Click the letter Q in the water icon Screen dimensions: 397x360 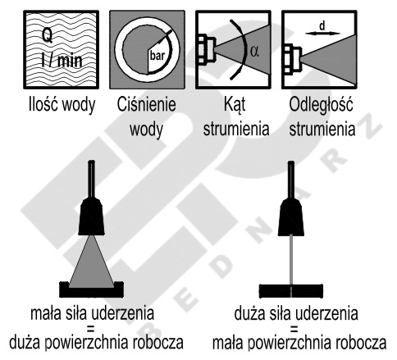click(48, 36)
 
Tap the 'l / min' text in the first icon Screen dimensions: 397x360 click(62, 60)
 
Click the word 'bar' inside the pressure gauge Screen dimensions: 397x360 click(157, 56)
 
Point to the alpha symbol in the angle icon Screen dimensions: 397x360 click(254, 51)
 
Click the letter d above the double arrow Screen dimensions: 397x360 click(322, 26)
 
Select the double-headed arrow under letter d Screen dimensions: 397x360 click(322, 34)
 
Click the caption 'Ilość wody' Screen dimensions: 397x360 click(62, 105)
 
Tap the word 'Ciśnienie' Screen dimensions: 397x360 click(146, 104)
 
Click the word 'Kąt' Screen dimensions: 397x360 click(235, 105)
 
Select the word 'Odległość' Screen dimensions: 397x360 click(321, 105)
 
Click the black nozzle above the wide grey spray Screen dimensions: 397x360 click(91, 216)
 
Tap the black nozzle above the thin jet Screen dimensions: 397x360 click(291, 216)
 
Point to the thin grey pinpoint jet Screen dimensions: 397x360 click(291, 260)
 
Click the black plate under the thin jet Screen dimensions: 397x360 click(291, 291)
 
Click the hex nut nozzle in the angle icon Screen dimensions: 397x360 click(206, 49)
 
